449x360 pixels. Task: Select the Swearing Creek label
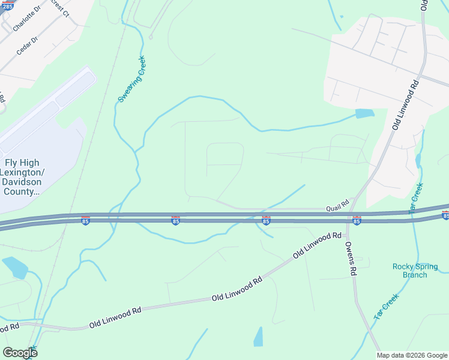click(x=131, y=79)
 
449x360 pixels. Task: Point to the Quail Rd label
click(x=337, y=205)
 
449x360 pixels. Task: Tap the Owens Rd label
click(x=351, y=258)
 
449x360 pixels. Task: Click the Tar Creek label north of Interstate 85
click(x=416, y=197)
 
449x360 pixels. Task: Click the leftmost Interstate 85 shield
click(x=85, y=221)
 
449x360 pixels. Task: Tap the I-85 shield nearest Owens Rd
click(x=357, y=221)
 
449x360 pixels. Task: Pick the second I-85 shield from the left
click(x=175, y=221)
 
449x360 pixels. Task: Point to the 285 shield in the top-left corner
click(x=5, y=5)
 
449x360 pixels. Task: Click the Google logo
click(x=20, y=353)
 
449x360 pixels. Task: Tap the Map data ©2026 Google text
click(x=411, y=355)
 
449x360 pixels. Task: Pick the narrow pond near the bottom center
click(x=259, y=337)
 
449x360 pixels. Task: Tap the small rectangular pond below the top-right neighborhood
click(x=364, y=113)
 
